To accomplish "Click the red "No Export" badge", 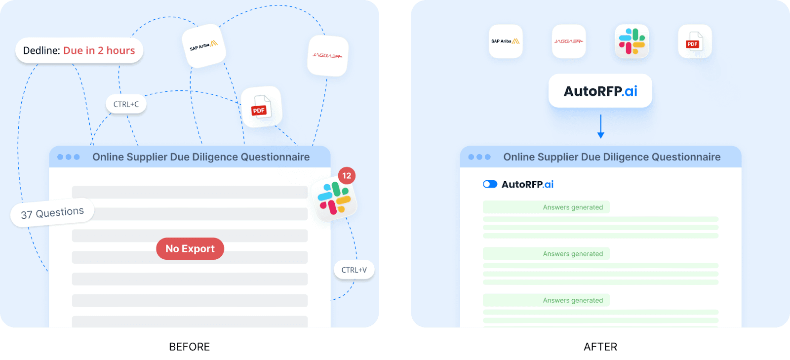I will click(x=190, y=249).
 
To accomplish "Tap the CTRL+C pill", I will click(x=126, y=104).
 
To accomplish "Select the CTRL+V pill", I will click(x=354, y=270).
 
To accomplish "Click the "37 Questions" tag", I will click(x=52, y=213).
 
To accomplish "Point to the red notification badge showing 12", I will click(x=347, y=176).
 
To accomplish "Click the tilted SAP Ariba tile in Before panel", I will click(x=203, y=46).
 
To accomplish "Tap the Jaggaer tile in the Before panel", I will click(x=327, y=56).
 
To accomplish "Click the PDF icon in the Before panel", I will click(x=261, y=107).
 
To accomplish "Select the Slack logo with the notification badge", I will click(x=334, y=199).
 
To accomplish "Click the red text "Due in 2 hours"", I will click(x=99, y=50).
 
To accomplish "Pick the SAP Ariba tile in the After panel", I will click(x=506, y=41).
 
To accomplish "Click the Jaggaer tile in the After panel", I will click(x=568, y=41).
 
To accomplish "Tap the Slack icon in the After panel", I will click(x=632, y=41).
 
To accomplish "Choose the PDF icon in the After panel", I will click(x=695, y=42).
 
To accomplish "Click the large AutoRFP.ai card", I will click(x=600, y=91).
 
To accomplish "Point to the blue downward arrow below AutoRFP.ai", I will click(x=600, y=127).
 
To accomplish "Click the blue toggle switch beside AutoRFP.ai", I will click(x=490, y=184).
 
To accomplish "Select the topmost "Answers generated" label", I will click(x=573, y=207).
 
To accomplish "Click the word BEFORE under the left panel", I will click(x=190, y=347).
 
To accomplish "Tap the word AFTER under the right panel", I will click(x=600, y=347).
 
